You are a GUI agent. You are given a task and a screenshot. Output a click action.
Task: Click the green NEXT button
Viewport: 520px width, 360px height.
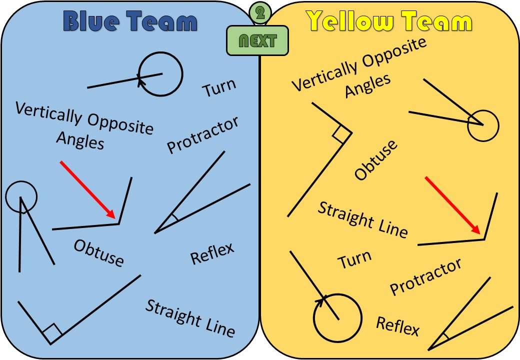257,40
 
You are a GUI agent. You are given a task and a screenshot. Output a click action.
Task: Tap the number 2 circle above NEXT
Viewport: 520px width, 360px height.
259,13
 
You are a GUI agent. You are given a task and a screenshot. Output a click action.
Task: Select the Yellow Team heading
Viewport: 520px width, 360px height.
389,22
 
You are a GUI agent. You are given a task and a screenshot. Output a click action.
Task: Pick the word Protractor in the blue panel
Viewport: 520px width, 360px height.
202,134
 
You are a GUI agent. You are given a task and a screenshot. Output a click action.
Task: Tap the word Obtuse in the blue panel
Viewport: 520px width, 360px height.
98,252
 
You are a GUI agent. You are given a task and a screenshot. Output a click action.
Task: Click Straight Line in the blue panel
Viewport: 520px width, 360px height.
190,318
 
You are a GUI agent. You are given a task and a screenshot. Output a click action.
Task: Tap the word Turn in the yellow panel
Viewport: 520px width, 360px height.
354,259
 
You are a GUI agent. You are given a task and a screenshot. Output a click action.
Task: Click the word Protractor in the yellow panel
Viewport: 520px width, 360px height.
425,276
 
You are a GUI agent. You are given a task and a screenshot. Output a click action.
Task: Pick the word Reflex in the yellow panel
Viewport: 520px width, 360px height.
397,326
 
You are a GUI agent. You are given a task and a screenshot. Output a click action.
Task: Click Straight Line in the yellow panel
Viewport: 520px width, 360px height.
363,219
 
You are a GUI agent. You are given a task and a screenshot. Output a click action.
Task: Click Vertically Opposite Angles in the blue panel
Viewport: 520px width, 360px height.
84,125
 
